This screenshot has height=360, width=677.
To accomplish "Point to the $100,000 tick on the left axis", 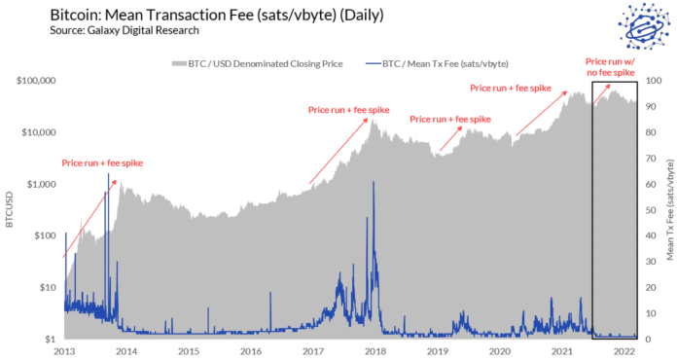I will click(35, 80).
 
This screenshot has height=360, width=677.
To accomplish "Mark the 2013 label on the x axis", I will click(64, 351).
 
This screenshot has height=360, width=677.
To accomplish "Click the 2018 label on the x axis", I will click(375, 351).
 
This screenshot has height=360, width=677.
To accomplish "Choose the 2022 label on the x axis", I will click(624, 351).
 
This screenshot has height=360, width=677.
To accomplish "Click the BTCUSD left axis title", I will click(10, 209).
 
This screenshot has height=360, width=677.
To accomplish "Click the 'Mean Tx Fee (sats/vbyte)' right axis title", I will click(670, 209).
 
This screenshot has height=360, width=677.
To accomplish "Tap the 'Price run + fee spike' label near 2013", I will click(102, 162).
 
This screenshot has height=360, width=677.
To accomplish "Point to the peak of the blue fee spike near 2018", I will click(374, 182).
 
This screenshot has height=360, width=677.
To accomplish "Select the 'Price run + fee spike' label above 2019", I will click(450, 119).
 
